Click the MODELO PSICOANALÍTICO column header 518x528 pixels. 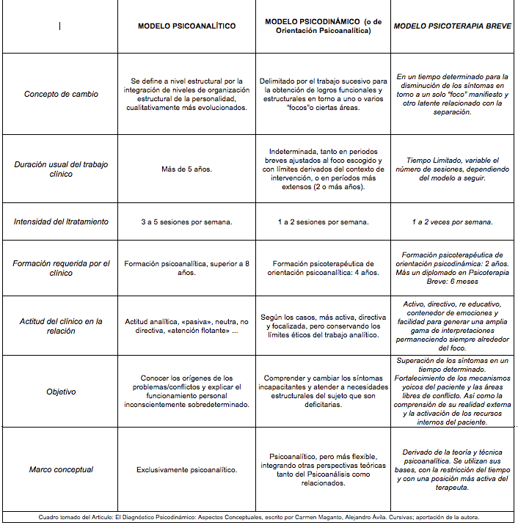point(187,26)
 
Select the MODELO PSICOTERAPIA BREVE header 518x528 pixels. point(452,26)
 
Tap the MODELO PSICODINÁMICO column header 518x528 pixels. point(323,26)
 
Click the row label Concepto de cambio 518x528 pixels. point(61,94)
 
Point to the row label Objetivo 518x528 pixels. point(61,392)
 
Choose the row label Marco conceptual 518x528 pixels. point(61,469)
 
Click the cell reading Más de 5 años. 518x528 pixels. point(186,169)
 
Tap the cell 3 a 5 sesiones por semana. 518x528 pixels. point(186,221)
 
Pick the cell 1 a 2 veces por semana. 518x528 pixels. point(452,221)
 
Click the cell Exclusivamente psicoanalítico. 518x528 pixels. point(186,469)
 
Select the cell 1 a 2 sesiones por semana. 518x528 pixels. point(323,221)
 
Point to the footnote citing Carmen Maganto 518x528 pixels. point(258,517)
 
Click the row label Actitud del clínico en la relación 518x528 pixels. point(61,326)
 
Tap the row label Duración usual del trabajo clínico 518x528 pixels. point(61,169)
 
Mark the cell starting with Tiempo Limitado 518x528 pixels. point(452,169)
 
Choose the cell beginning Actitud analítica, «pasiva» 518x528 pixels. point(186,326)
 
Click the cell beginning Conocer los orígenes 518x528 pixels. point(186,392)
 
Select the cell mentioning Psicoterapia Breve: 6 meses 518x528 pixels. point(452,268)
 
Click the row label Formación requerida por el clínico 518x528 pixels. point(61,268)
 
